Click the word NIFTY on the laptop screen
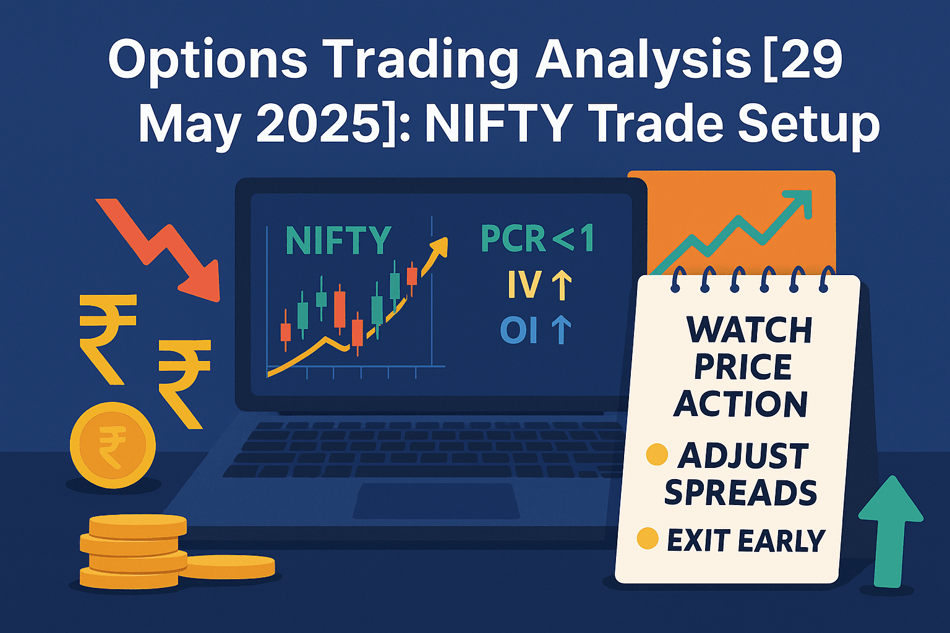pos(338,240)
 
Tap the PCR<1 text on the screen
pos(537,239)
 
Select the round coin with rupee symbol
pos(113,445)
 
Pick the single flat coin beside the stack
pos(230,566)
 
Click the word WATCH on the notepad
pos(749,330)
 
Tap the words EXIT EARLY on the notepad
pos(746,542)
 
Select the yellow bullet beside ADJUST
pos(656,454)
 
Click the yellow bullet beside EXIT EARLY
pos(647,538)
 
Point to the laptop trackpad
pos(436,501)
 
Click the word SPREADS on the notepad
pos(740,493)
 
